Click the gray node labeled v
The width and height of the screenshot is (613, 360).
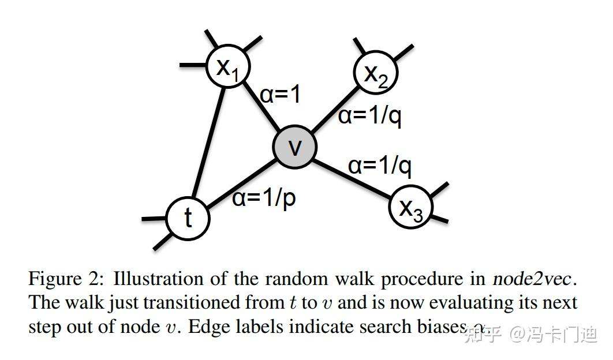click(295, 147)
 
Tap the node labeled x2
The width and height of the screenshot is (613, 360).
click(376, 72)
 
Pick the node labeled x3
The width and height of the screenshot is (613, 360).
click(410, 207)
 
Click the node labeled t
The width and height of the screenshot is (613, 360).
click(188, 219)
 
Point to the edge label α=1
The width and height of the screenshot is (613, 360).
click(281, 95)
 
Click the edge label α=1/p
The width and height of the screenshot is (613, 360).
click(264, 198)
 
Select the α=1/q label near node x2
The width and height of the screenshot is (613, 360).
click(369, 116)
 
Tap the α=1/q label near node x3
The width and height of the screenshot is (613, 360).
click(380, 166)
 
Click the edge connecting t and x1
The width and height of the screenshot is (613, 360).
click(208, 144)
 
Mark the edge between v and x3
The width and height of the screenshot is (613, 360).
click(352, 175)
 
